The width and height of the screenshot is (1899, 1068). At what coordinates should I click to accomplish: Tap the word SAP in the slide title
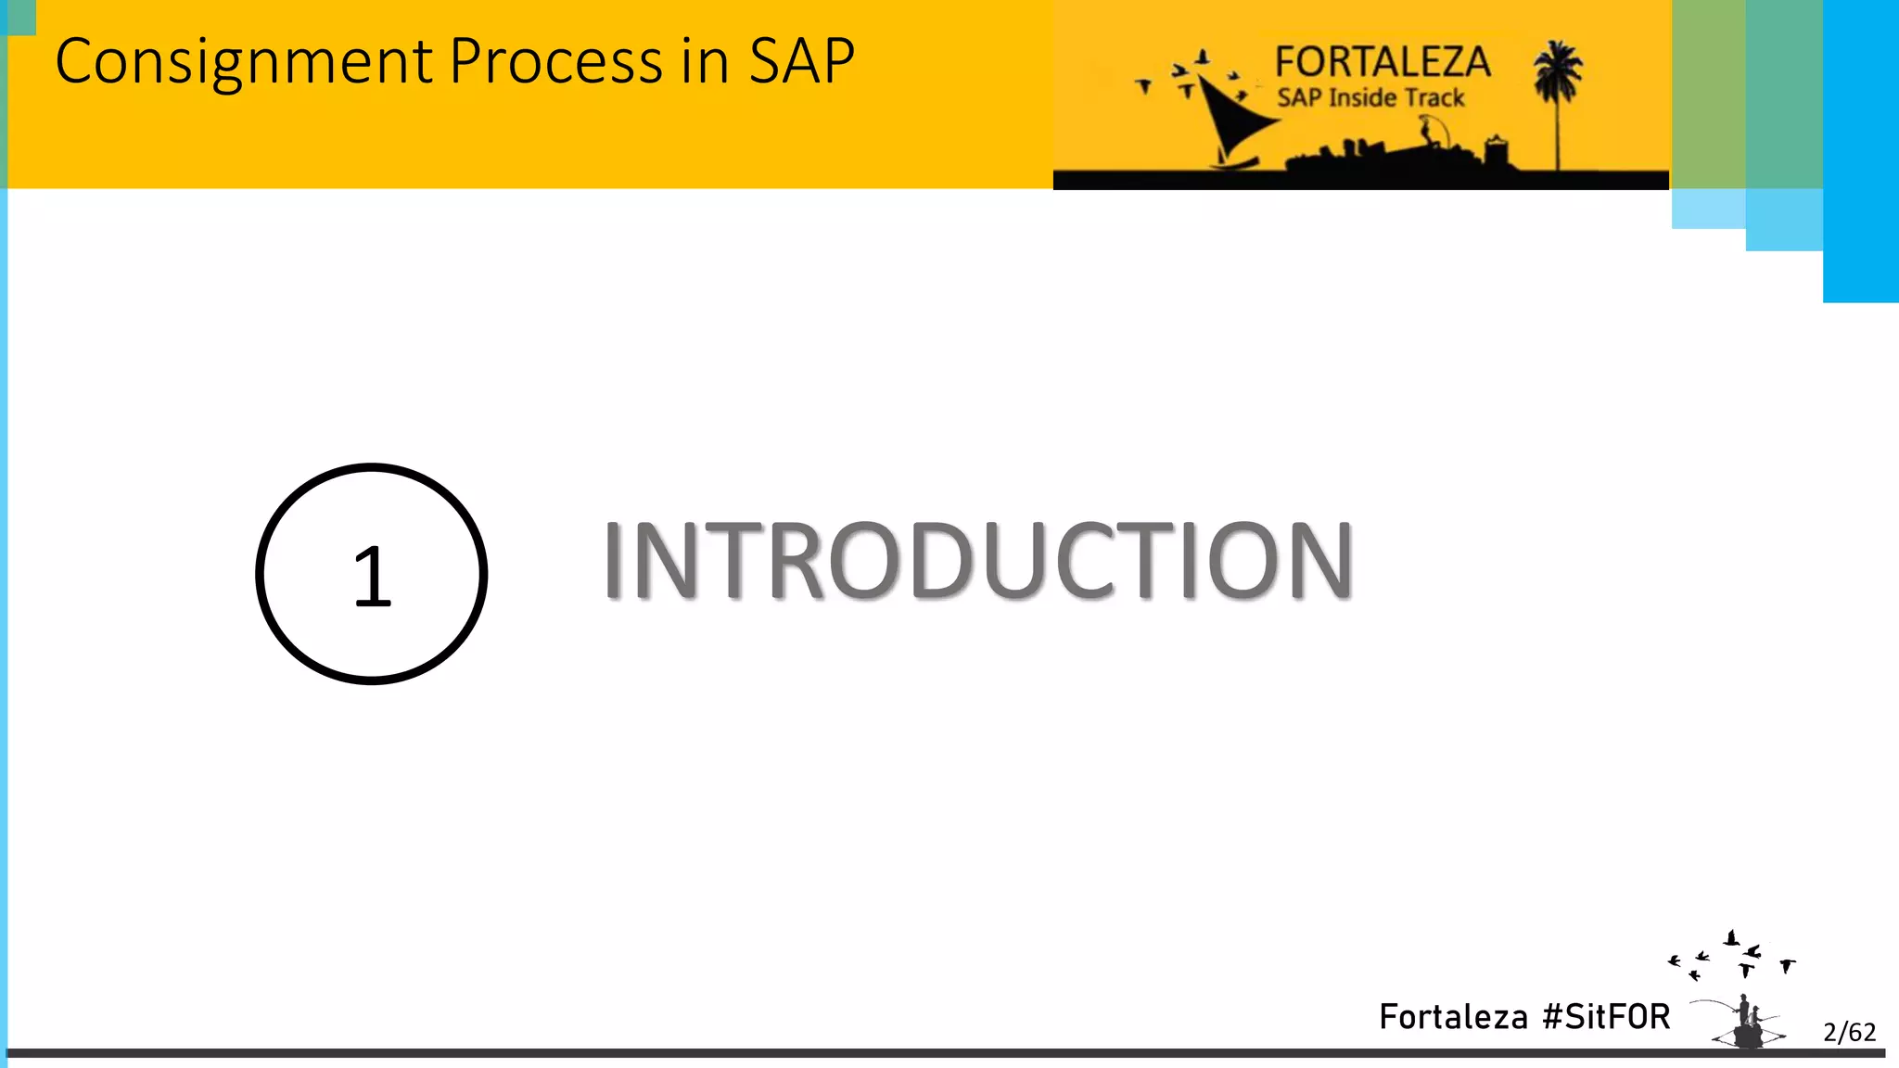tap(801, 62)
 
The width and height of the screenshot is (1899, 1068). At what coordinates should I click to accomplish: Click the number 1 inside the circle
tap(373, 576)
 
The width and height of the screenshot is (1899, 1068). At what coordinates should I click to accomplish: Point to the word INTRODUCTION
tap(978, 560)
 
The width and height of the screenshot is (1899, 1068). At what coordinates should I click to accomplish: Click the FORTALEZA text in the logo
tap(1382, 63)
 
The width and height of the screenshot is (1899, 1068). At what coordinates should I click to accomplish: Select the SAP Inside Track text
tap(1370, 97)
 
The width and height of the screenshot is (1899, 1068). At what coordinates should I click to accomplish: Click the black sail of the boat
tap(1233, 121)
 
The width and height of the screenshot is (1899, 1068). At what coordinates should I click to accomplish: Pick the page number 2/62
tap(1849, 1032)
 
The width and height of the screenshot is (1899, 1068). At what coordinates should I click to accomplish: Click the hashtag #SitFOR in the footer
tap(1606, 1017)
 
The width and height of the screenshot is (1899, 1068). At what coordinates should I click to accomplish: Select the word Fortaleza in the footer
tap(1453, 1017)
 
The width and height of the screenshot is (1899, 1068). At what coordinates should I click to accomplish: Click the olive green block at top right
tap(1708, 93)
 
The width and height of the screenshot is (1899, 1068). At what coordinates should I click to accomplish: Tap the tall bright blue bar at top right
tap(1860, 148)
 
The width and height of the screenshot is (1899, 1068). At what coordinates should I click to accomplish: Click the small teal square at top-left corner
tap(19, 17)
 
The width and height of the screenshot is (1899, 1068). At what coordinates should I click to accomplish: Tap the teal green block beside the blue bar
tap(1784, 93)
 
